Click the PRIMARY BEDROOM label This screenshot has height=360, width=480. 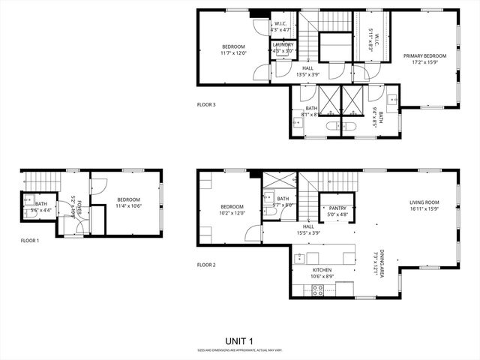424,56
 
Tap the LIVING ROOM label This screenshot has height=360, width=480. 424,202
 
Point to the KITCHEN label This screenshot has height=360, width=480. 322,270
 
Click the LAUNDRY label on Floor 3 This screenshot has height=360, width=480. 283,45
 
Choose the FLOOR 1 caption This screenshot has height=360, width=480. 30,241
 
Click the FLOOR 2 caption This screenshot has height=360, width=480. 206,265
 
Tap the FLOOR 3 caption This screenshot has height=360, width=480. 206,105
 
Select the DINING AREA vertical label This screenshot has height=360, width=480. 382,264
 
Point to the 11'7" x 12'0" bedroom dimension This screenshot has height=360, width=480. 233,53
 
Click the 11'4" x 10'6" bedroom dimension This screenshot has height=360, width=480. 128,205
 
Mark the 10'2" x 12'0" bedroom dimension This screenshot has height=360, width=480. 232,213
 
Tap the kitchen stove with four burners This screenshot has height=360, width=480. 317,290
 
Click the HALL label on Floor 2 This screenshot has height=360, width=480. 308,226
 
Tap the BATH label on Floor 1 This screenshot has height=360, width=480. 40,204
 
